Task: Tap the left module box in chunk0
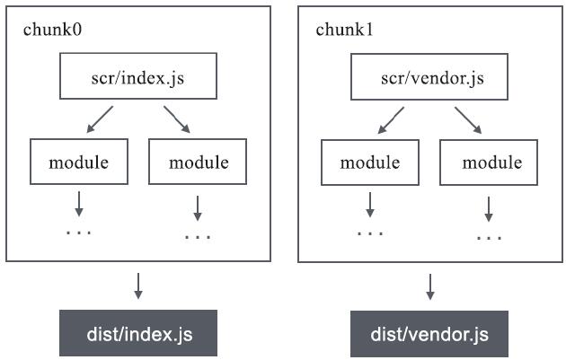pyautogui.click(x=79, y=162)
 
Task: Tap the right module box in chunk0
pyautogui.click(x=197, y=162)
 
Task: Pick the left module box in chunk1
pyautogui.click(x=370, y=162)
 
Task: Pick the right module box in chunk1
pyautogui.click(x=491, y=162)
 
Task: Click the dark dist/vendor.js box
pyautogui.click(x=429, y=334)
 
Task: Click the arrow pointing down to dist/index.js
pyautogui.click(x=137, y=285)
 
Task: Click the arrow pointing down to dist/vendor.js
pyautogui.click(x=429, y=285)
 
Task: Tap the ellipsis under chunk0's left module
pyautogui.click(x=79, y=232)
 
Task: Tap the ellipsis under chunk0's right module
pyautogui.click(x=198, y=237)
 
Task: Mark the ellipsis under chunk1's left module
pyautogui.click(x=370, y=232)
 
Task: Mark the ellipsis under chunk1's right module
pyautogui.click(x=490, y=237)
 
